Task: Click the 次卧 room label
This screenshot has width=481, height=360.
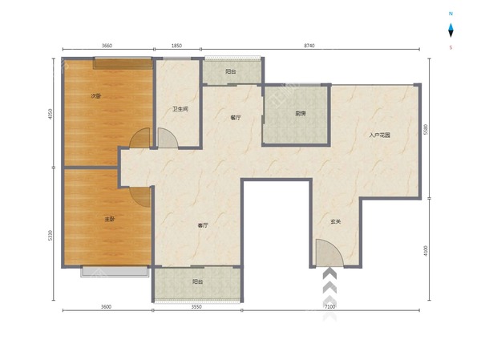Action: click(96, 95)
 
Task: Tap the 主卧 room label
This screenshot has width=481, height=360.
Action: click(110, 219)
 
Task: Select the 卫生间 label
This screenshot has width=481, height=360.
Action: click(180, 109)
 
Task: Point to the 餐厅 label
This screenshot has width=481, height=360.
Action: click(236, 118)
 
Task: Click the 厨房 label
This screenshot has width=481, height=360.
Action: click(301, 114)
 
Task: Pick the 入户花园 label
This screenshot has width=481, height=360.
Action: click(379, 135)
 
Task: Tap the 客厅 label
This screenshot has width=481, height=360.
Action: click(203, 225)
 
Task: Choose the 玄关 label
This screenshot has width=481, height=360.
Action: click(336, 221)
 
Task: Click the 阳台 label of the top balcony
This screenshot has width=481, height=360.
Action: click(231, 71)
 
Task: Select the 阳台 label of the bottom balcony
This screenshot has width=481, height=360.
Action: click(197, 281)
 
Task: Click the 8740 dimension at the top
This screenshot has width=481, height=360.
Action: click(309, 46)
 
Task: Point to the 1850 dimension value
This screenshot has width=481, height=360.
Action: click(176, 46)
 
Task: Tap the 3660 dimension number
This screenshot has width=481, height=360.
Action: click(107, 46)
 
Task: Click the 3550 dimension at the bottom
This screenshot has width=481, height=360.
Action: click(196, 306)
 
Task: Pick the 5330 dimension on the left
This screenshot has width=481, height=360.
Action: click(51, 236)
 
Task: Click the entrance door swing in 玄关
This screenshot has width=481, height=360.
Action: click(329, 253)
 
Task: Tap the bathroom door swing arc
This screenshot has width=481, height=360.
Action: click(168, 138)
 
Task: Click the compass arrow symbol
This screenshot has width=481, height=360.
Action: click(451, 30)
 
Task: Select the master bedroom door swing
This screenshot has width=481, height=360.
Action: click(140, 196)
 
